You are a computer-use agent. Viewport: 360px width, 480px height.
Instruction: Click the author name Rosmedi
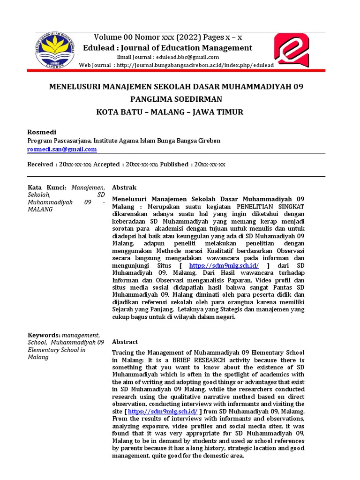pos(42,132)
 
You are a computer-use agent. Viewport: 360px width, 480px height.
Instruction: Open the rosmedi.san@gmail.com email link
pos(62,149)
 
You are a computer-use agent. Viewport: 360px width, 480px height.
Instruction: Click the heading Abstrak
pos(124,187)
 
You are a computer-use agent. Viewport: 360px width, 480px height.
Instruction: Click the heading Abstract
pos(125,342)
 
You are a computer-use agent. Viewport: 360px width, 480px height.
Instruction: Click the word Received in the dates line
pos(40,165)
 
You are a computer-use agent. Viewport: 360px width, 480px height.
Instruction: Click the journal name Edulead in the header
pos(98,48)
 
